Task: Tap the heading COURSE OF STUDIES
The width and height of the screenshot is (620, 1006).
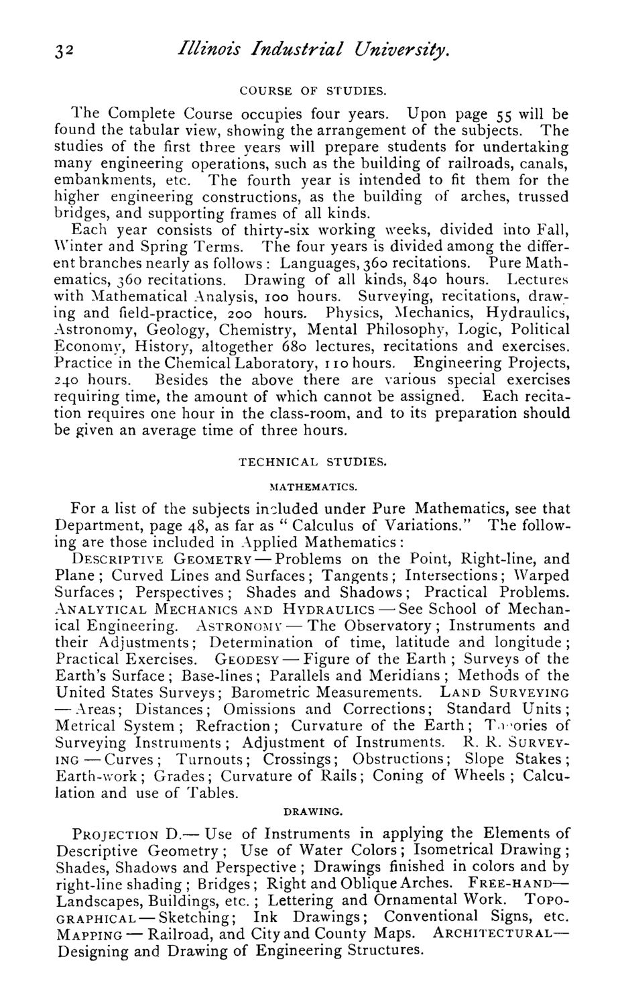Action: point(312,89)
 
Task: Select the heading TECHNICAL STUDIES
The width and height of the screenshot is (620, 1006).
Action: point(312,462)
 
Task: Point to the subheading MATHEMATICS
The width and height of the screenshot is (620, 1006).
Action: point(313,486)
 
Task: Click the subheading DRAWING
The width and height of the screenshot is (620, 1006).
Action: point(313,811)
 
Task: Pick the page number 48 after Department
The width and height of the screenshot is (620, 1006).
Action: point(199,525)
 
